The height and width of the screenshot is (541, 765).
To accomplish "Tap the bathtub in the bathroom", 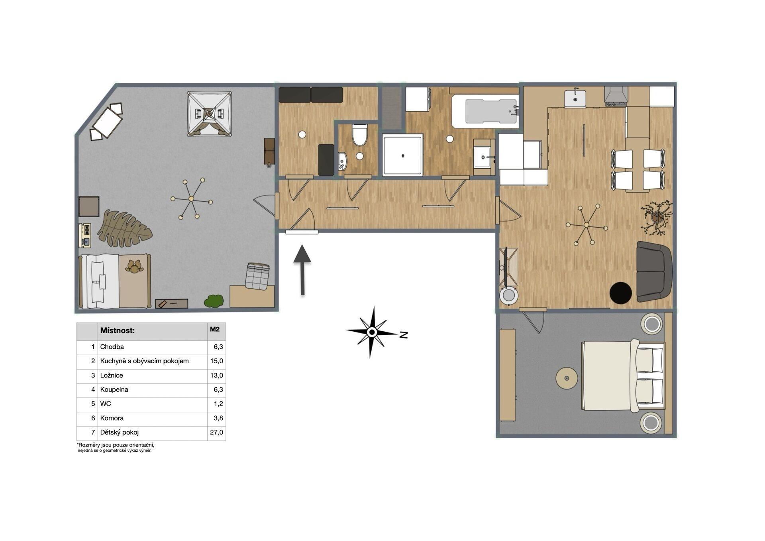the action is (485, 111).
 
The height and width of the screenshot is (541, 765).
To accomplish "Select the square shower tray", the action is (402, 155).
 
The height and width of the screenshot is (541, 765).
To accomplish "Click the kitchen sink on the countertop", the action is (575, 98).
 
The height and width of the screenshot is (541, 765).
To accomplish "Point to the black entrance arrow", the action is (302, 270).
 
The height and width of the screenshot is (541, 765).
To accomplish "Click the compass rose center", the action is (372, 332).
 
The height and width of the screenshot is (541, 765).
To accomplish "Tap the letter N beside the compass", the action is (404, 334).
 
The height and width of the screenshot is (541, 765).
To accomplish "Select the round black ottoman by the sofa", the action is (620, 293).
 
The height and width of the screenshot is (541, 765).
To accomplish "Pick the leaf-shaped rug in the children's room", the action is (125, 229).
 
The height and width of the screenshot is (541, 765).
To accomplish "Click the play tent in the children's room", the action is (209, 114).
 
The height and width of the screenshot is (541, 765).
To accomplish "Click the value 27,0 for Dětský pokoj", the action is (216, 432).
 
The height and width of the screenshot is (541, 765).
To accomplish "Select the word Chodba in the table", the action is (112, 347).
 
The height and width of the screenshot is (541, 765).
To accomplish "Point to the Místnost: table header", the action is (118, 331).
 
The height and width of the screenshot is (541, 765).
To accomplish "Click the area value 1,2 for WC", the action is (218, 403).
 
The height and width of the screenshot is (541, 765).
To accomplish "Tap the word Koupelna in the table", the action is (114, 390).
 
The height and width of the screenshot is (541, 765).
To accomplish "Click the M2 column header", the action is (215, 329).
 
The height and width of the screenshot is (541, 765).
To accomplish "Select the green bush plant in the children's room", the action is (214, 301).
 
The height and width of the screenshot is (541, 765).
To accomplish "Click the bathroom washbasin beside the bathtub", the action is (484, 157).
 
